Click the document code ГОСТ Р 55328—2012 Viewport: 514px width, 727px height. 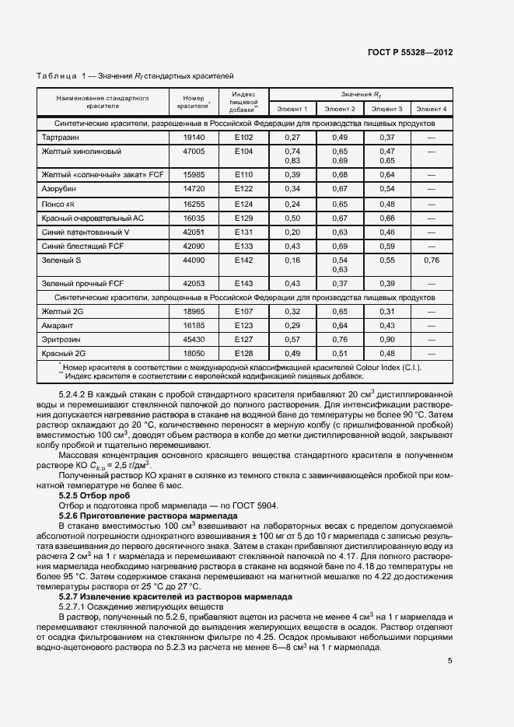410,52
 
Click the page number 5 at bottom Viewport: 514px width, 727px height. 450,662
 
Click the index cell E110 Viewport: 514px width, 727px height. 244,175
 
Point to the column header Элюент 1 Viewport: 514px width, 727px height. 293,109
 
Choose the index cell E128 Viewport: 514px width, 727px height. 244,353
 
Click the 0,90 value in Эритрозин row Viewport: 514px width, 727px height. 386,339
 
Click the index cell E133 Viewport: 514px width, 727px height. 244,246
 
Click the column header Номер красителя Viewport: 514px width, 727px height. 193,102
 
